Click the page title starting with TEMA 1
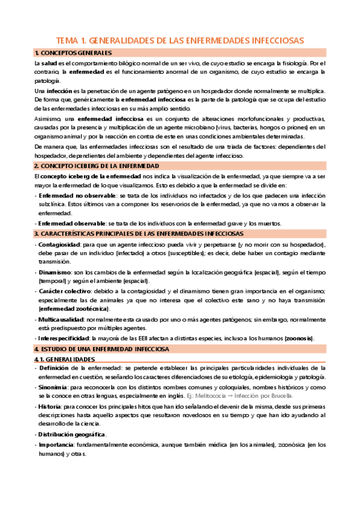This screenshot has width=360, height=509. click(180, 40)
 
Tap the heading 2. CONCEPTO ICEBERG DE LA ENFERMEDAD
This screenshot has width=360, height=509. click(96, 165)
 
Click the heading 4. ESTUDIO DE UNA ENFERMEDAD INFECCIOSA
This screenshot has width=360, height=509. click(101, 348)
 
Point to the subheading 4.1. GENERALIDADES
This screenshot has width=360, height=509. click(63, 359)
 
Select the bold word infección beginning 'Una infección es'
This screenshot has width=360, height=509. click(59, 90)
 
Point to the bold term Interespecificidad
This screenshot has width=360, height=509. click(65, 337)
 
